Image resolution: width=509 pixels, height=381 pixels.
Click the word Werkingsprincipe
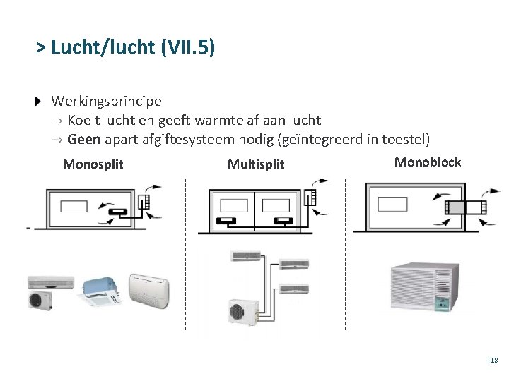(106, 102)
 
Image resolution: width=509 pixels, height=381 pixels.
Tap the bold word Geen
(83, 139)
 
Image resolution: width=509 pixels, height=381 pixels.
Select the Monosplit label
(93, 164)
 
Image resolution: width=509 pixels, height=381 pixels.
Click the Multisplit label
(255, 164)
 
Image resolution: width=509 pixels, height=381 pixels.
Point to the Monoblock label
(427, 162)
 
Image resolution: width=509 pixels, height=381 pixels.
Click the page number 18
(493, 360)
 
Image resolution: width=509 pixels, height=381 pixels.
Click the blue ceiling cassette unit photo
(103, 285)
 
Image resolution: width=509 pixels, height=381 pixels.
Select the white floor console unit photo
(148, 291)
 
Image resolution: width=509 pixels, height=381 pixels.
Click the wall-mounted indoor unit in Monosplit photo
(50, 282)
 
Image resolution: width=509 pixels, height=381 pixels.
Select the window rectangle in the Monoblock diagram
(393, 204)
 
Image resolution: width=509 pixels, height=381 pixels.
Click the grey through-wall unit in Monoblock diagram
(465, 207)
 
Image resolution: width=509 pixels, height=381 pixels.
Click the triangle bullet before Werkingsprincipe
(39, 102)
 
